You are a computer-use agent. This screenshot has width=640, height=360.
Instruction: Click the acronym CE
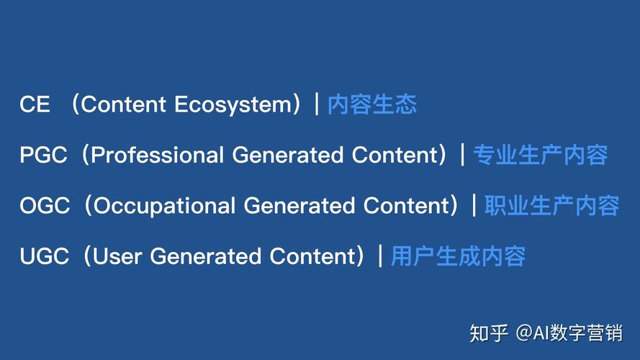point(35,104)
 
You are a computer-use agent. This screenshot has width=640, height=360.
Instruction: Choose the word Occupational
point(165,206)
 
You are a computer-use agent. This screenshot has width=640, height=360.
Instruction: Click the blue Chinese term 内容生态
point(372,104)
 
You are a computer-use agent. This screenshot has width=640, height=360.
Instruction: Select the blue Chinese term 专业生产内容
point(540,155)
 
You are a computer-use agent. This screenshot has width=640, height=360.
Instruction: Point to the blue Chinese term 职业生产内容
point(551,206)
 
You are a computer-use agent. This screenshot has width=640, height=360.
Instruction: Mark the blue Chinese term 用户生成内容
point(458,256)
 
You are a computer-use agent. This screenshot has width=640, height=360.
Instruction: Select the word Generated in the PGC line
point(289,155)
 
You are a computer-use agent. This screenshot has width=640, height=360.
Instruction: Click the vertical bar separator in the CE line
point(316,104)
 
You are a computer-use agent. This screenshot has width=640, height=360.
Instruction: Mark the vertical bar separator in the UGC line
point(379,256)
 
